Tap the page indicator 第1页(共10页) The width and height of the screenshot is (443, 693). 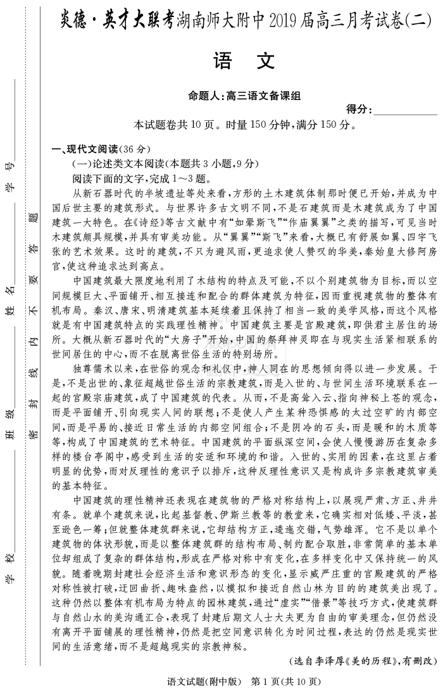coord(286,682)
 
